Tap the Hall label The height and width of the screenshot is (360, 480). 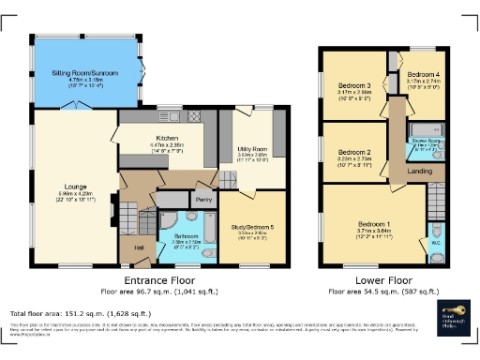pos(139,247)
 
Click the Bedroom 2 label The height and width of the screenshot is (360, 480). pos(354,152)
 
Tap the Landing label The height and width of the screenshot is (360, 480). pos(420,171)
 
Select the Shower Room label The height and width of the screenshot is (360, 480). pos(427,142)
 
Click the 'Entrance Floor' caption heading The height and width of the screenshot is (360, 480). pos(158,280)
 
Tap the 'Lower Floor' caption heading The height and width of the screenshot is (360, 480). pos(385,280)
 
